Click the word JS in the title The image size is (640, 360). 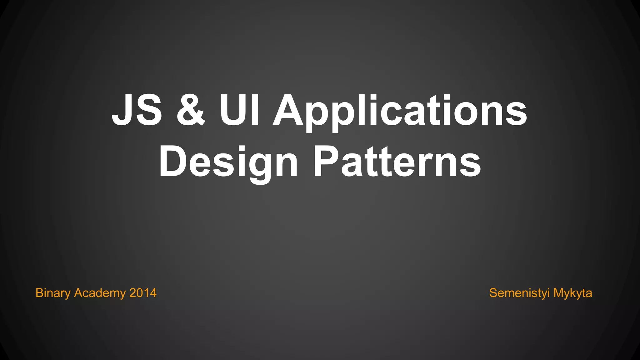click(x=137, y=110)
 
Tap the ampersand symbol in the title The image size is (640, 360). click(x=191, y=110)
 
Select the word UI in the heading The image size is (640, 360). click(x=239, y=110)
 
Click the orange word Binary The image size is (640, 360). click(x=53, y=293)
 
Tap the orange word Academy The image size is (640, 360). click(x=100, y=293)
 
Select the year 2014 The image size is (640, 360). click(x=143, y=293)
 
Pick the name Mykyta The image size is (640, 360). click(x=572, y=293)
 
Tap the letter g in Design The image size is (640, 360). click(x=260, y=166)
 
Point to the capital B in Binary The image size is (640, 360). click(x=39, y=293)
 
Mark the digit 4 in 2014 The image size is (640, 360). click(x=153, y=293)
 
